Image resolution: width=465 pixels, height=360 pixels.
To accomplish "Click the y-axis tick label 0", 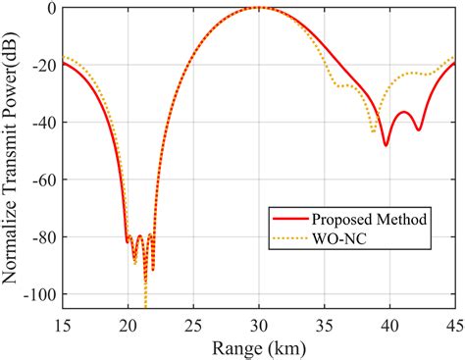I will click(49, 9).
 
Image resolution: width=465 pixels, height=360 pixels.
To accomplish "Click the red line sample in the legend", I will click(288, 219).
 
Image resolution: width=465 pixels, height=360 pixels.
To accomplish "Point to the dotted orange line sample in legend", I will click(288, 237).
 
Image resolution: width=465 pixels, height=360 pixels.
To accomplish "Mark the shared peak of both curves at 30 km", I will click(259, 8).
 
